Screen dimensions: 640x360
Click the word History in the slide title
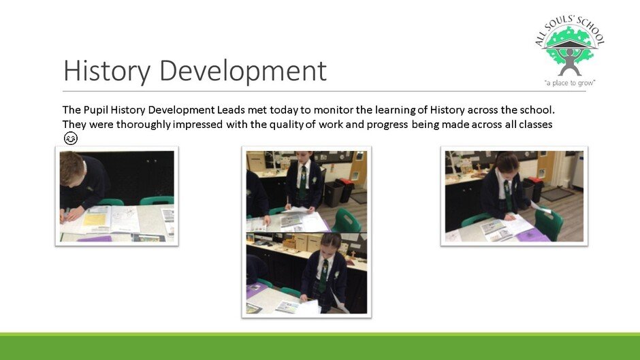coord(107,71)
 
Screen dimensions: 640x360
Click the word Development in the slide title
coord(243,71)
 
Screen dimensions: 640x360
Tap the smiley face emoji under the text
coord(71,138)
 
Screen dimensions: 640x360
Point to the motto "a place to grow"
coord(569,83)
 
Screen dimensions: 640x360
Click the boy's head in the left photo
coord(72,167)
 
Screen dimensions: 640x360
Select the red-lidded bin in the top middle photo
coord(345,190)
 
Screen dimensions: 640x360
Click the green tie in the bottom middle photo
coord(323,276)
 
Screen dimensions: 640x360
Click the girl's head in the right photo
coord(506,163)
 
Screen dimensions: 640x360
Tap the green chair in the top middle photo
coord(345,220)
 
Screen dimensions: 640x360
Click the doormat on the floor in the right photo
coord(557,193)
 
